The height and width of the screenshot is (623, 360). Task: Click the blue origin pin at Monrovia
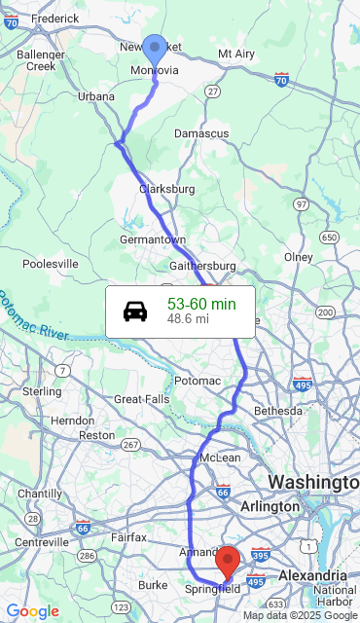(155, 50)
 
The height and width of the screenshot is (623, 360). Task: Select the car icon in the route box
(135, 311)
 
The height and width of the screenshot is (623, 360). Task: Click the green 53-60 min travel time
(200, 304)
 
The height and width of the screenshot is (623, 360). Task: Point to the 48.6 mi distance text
(188, 319)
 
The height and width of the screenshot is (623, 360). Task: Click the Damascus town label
(201, 133)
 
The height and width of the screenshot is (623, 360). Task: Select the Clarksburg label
(167, 189)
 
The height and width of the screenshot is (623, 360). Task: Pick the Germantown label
(153, 239)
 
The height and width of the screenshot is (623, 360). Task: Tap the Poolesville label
(51, 264)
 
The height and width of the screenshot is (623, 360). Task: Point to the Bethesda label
(278, 412)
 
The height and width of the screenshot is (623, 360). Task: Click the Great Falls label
(142, 399)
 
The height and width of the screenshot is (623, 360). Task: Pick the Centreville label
(42, 541)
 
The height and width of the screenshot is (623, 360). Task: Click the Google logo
(32, 611)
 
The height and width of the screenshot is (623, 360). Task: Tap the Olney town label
(298, 257)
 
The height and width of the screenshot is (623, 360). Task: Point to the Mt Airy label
(238, 54)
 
